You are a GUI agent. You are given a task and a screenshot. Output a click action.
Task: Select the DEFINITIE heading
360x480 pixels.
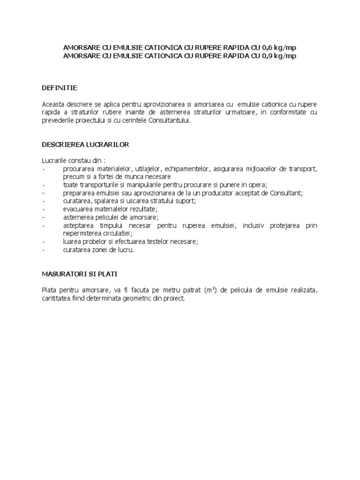pyautogui.click(x=60, y=88)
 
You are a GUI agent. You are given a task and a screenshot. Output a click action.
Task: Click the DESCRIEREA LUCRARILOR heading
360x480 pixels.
pyautogui.click(x=85, y=145)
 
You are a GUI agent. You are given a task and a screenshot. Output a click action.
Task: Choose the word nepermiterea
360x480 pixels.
pyautogui.click(x=83, y=233)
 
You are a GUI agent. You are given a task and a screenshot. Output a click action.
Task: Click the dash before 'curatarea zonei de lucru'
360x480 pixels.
pyautogui.click(x=44, y=250)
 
